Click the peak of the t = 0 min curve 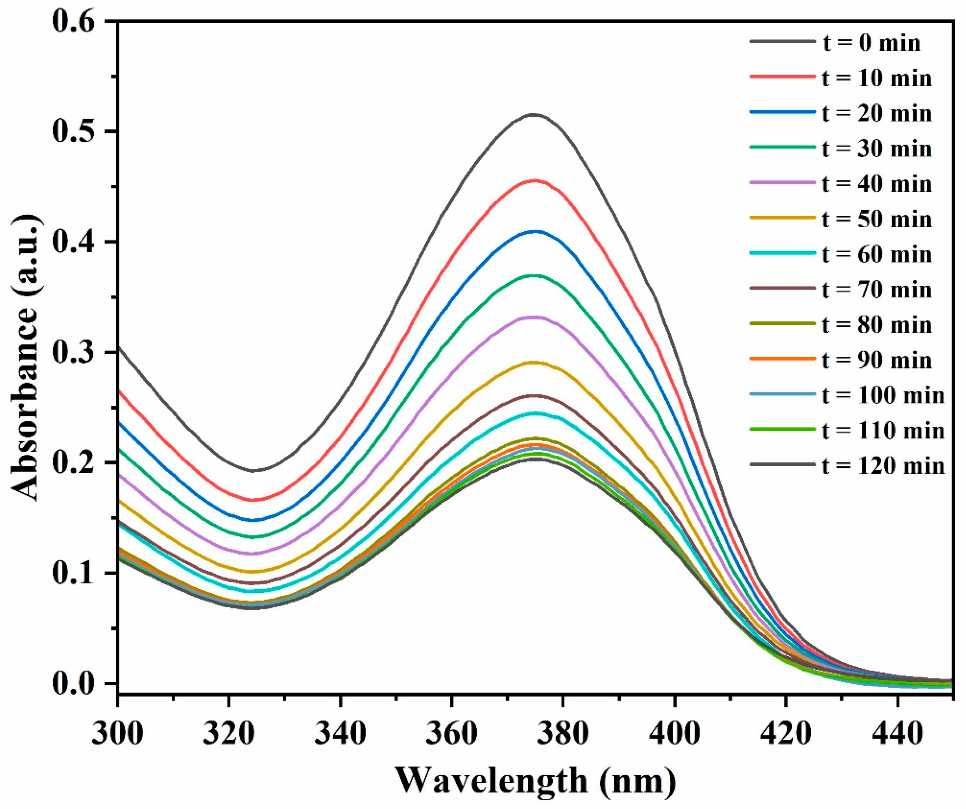[x=534, y=114]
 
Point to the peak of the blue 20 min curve [x=534, y=231]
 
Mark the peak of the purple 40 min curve [x=534, y=317]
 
